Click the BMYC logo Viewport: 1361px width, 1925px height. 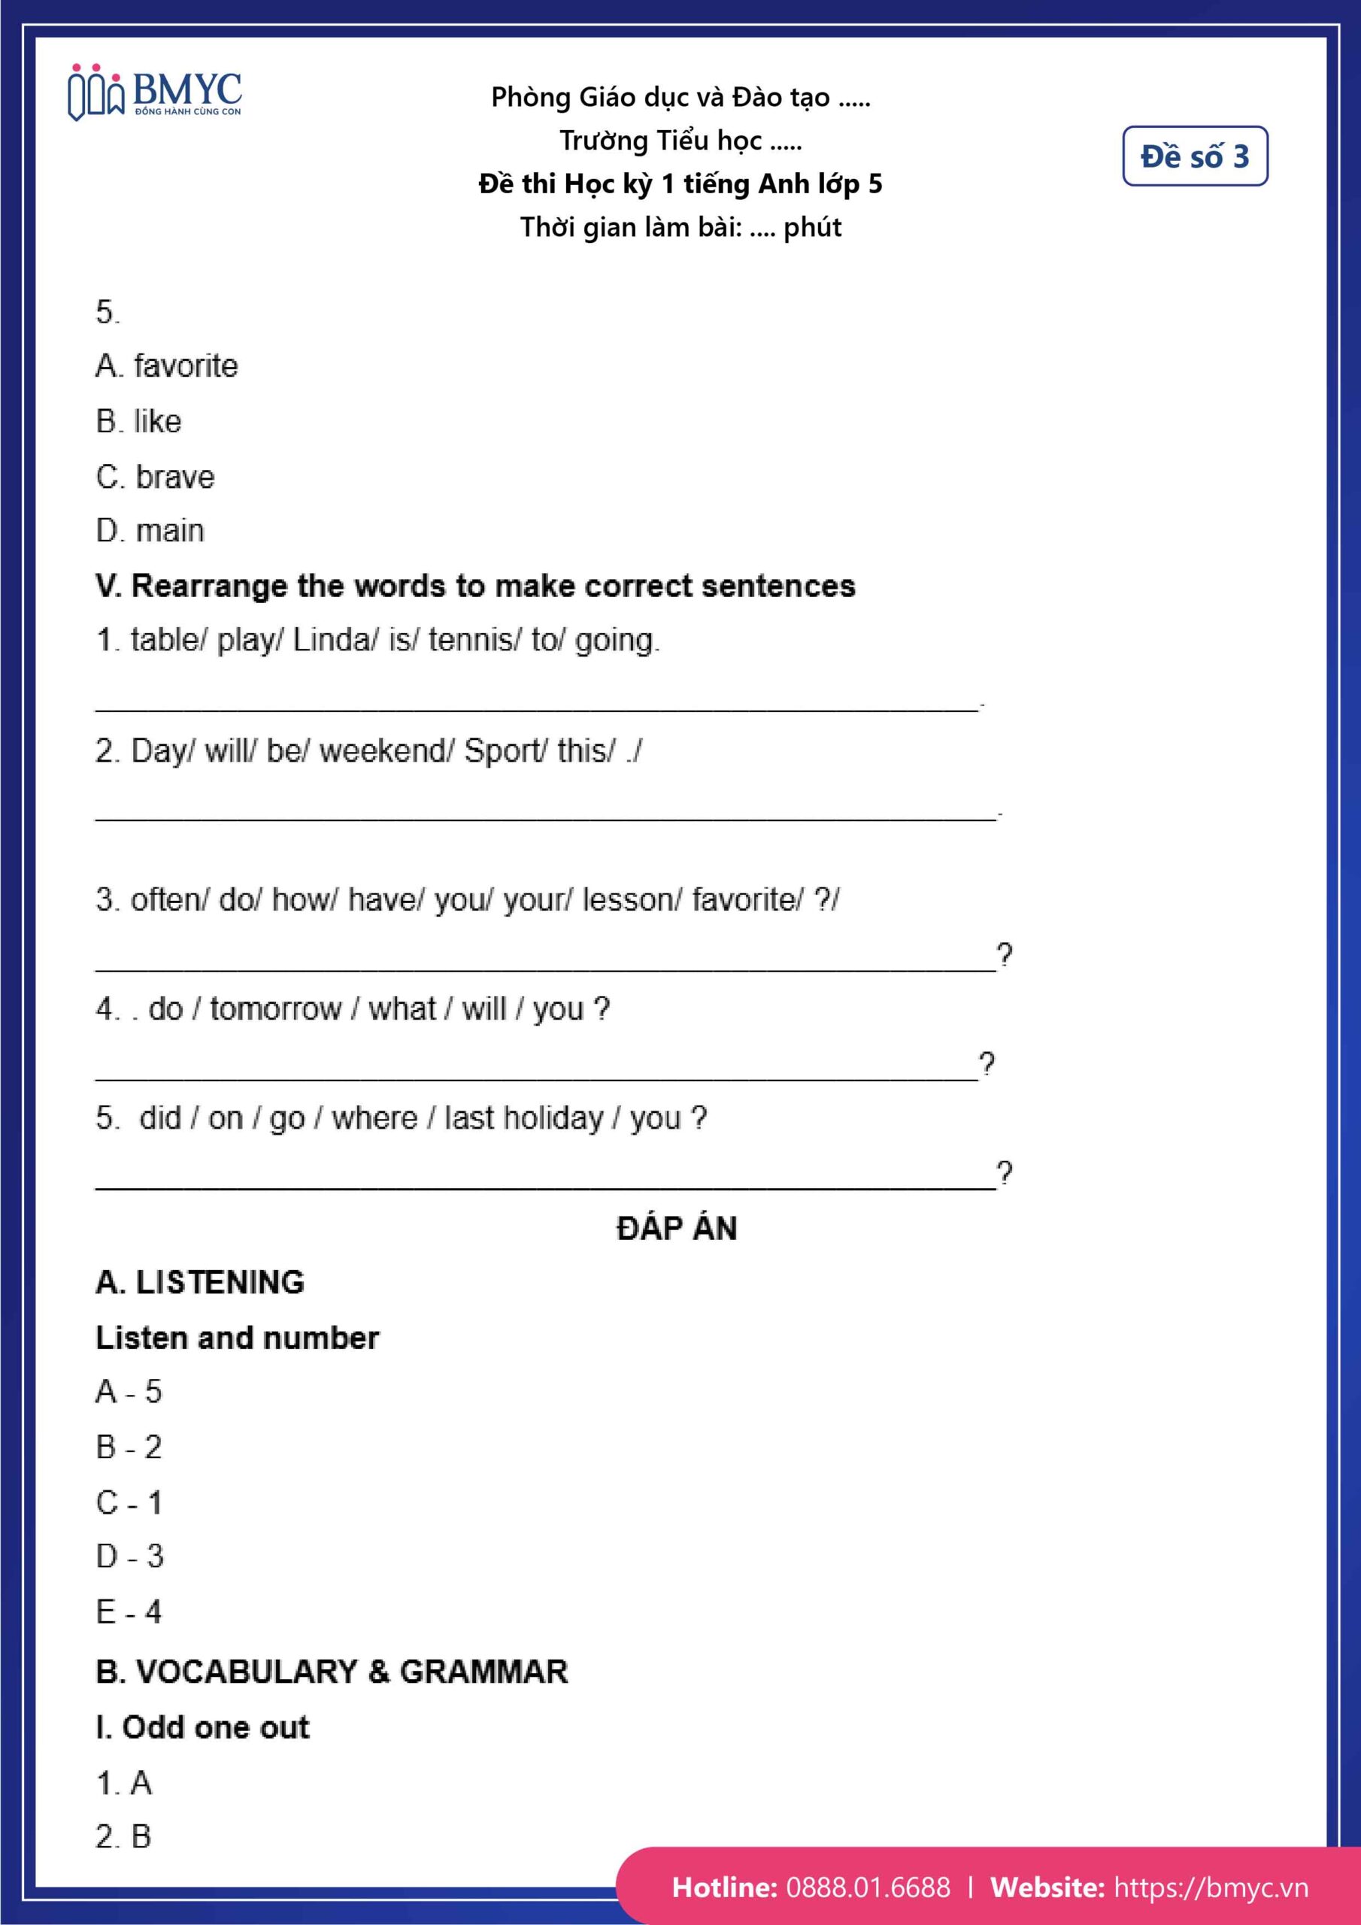click(155, 92)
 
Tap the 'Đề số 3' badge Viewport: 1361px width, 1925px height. click(1194, 156)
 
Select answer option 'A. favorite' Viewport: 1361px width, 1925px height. click(167, 365)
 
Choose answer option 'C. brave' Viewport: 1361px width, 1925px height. click(155, 476)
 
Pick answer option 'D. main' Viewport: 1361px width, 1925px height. click(150, 531)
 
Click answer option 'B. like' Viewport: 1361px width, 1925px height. click(138, 421)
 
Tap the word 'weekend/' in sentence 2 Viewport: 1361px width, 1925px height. click(386, 750)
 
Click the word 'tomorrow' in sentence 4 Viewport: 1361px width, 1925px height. click(276, 1008)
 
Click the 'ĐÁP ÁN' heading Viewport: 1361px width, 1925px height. click(677, 1228)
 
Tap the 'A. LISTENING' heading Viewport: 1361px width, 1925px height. click(199, 1282)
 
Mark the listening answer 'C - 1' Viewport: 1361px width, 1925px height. click(129, 1502)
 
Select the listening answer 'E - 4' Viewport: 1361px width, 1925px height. click(129, 1611)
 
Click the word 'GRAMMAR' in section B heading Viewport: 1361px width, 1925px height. click(483, 1671)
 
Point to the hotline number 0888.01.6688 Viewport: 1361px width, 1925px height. click(868, 1887)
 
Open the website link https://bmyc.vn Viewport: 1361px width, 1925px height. click(1210, 1887)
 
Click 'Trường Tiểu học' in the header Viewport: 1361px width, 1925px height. click(661, 140)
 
